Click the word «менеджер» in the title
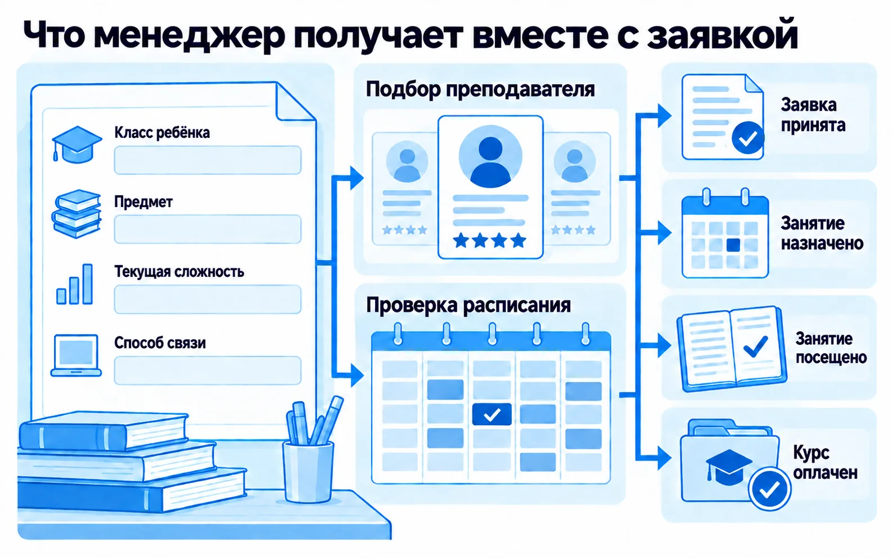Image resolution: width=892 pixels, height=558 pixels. (190, 35)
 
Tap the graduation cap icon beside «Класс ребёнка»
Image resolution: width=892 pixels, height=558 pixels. (76, 144)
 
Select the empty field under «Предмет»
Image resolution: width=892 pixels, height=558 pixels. (208, 229)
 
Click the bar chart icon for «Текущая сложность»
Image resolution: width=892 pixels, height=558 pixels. (75, 284)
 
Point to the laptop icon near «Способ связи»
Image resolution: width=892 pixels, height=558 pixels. (76, 355)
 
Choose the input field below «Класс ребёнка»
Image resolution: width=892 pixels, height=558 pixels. (208, 160)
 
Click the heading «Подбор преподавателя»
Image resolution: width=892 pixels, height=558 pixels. (480, 89)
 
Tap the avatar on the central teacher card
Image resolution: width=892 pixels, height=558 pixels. (490, 156)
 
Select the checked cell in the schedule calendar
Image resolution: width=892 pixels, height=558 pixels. (492, 414)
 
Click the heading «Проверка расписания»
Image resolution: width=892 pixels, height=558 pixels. (468, 305)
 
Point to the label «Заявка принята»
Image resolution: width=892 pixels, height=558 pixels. (813, 115)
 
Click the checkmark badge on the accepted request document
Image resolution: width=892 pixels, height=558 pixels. (748, 138)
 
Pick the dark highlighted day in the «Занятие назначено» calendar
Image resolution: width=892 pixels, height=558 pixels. (733, 245)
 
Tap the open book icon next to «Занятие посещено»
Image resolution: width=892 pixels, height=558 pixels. (732, 349)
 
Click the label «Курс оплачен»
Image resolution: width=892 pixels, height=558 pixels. (825, 463)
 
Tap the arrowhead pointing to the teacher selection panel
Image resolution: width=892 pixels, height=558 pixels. (357, 178)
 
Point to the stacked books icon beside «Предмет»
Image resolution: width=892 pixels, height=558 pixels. (76, 214)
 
